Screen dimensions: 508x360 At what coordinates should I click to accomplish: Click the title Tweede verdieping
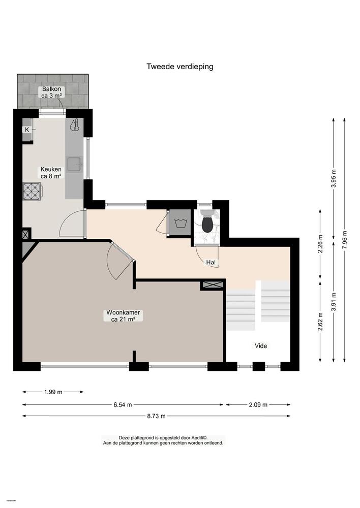tap(179, 66)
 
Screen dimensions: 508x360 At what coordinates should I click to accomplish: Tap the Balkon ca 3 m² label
tap(52, 92)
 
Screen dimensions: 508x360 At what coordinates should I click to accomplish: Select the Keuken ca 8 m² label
tap(51, 173)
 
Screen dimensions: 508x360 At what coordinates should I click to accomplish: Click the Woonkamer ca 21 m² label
tap(123, 316)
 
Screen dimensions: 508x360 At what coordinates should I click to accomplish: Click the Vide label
tap(261, 346)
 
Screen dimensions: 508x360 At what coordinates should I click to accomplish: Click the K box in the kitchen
tap(26, 130)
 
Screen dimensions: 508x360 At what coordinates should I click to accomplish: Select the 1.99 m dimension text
tap(53, 392)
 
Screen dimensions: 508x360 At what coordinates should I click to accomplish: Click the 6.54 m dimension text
tap(123, 405)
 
